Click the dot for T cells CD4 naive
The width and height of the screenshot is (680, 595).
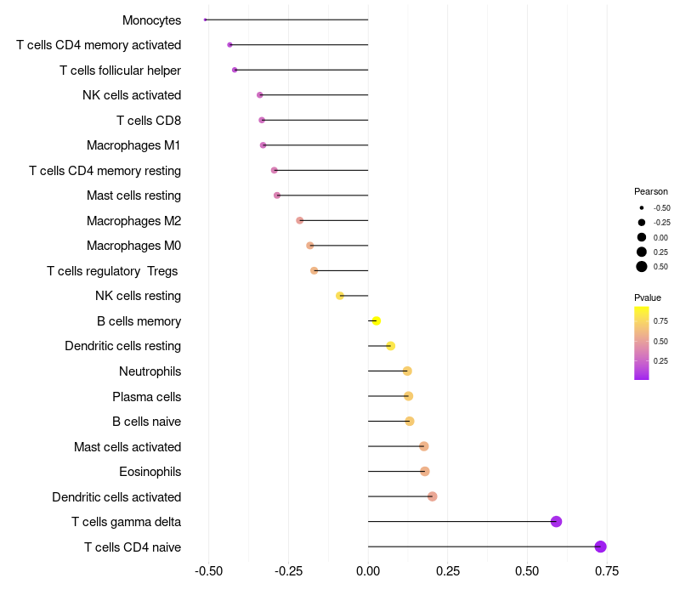tap(600, 547)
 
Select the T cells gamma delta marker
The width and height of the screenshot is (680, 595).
tap(557, 522)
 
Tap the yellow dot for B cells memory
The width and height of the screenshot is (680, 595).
tap(377, 320)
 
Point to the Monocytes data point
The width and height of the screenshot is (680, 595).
tap(206, 20)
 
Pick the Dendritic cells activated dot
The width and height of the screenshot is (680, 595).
tap(432, 496)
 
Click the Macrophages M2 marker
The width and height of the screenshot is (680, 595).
tap(299, 220)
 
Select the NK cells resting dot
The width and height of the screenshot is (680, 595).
tap(340, 296)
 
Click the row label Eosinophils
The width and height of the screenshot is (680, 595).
tap(150, 472)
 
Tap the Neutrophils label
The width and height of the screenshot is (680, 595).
tap(150, 371)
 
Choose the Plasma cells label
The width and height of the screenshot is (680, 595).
tap(146, 397)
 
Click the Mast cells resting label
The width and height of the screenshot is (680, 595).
tap(133, 195)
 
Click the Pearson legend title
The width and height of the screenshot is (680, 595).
tap(651, 191)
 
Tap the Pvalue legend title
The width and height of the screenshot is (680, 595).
tap(648, 297)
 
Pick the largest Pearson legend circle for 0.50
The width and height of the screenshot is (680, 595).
tap(642, 267)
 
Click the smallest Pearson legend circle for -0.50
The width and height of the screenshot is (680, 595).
tap(642, 207)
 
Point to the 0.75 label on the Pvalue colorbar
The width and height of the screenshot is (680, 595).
tap(660, 320)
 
